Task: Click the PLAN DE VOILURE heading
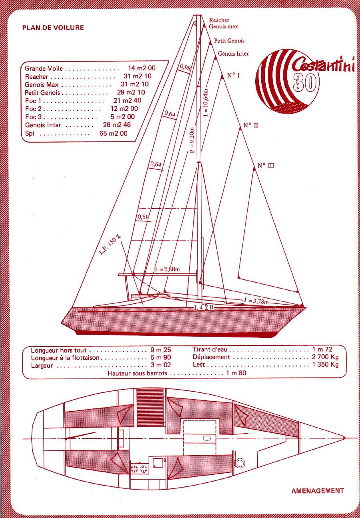coord(53,28)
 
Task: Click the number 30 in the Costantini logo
coord(304,82)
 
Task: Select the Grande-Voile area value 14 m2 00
coord(142,68)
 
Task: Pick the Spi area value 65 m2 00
coord(113,133)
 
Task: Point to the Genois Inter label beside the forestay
coord(233,54)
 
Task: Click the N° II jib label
coord(251,126)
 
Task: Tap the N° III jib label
coord(266,166)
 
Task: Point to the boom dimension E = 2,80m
coord(167,269)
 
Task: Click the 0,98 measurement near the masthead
coord(185,67)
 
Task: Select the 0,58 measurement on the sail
coord(143,217)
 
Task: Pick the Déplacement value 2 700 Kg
coord(325,357)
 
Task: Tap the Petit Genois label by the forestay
coord(229,41)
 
